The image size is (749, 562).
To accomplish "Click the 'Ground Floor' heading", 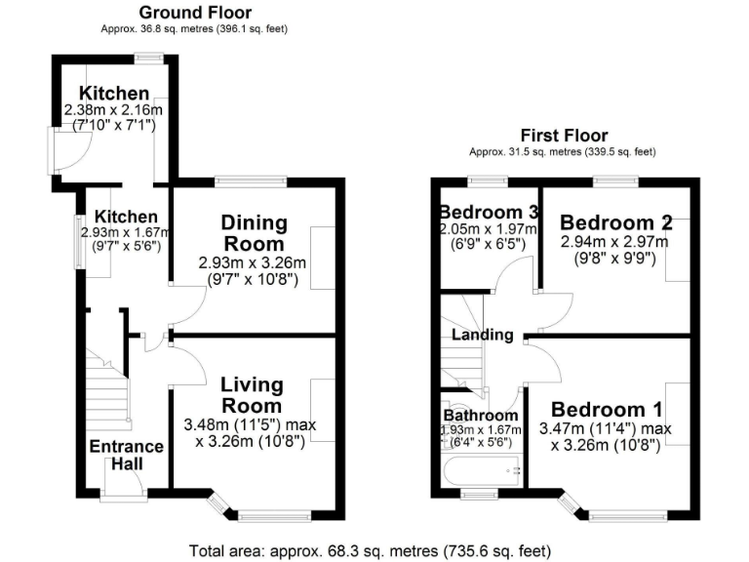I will point(194,13).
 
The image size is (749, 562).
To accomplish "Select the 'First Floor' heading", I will point(564,136).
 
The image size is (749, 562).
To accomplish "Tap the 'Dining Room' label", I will point(253,233).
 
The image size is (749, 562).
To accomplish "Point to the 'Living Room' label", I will point(252,395).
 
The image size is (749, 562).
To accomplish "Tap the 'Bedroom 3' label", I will point(488,213).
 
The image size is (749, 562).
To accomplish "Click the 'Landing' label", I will point(482,335).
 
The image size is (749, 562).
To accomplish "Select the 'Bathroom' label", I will point(481,415).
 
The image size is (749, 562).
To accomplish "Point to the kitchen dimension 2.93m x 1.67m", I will point(127,233).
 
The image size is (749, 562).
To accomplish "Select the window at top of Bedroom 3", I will point(488,180).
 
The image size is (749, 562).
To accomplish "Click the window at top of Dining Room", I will point(251,180).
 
